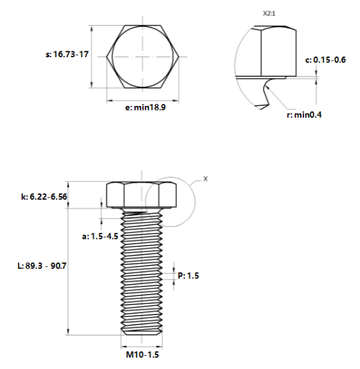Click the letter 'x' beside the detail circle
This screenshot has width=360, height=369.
point(204,178)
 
